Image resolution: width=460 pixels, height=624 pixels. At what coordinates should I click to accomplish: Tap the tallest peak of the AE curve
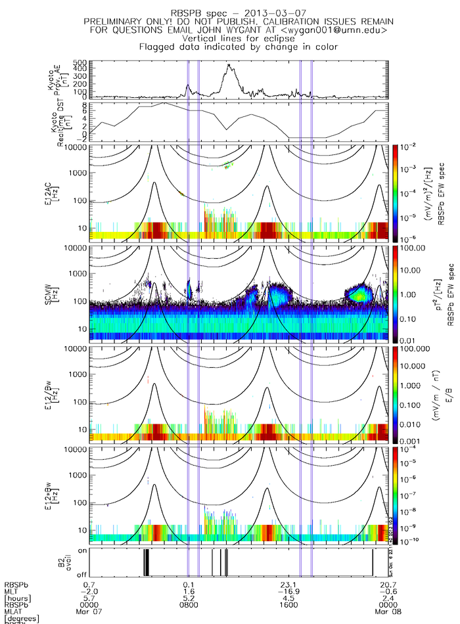point(228,64)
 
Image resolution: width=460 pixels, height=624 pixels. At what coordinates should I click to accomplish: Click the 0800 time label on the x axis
point(190,605)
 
